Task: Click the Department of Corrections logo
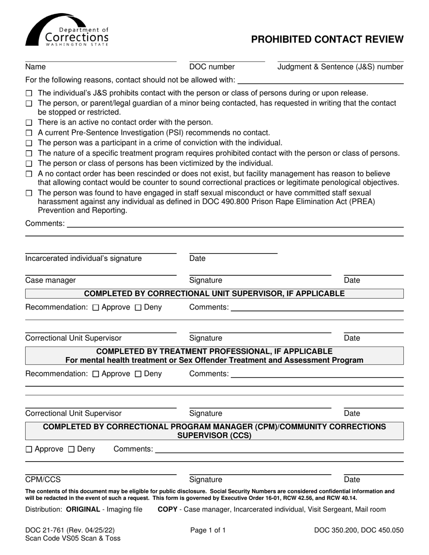67,30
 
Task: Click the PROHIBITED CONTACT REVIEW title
327,39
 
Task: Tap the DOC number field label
212,67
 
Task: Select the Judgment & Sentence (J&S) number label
340,67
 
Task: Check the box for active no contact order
29,123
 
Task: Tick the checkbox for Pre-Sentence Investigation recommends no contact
29,133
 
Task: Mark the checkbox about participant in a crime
29,143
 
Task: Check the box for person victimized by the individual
29,163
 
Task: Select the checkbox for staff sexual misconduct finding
29,194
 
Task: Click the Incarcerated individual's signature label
83,259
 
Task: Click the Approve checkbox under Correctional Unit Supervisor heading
96,308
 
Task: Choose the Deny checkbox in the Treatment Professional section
139,374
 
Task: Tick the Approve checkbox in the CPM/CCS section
29,449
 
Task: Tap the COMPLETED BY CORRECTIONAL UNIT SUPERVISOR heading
214,294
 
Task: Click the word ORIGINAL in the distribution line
83,509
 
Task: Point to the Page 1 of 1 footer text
208,531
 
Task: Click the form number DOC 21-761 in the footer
54,531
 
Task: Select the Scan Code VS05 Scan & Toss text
73,538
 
